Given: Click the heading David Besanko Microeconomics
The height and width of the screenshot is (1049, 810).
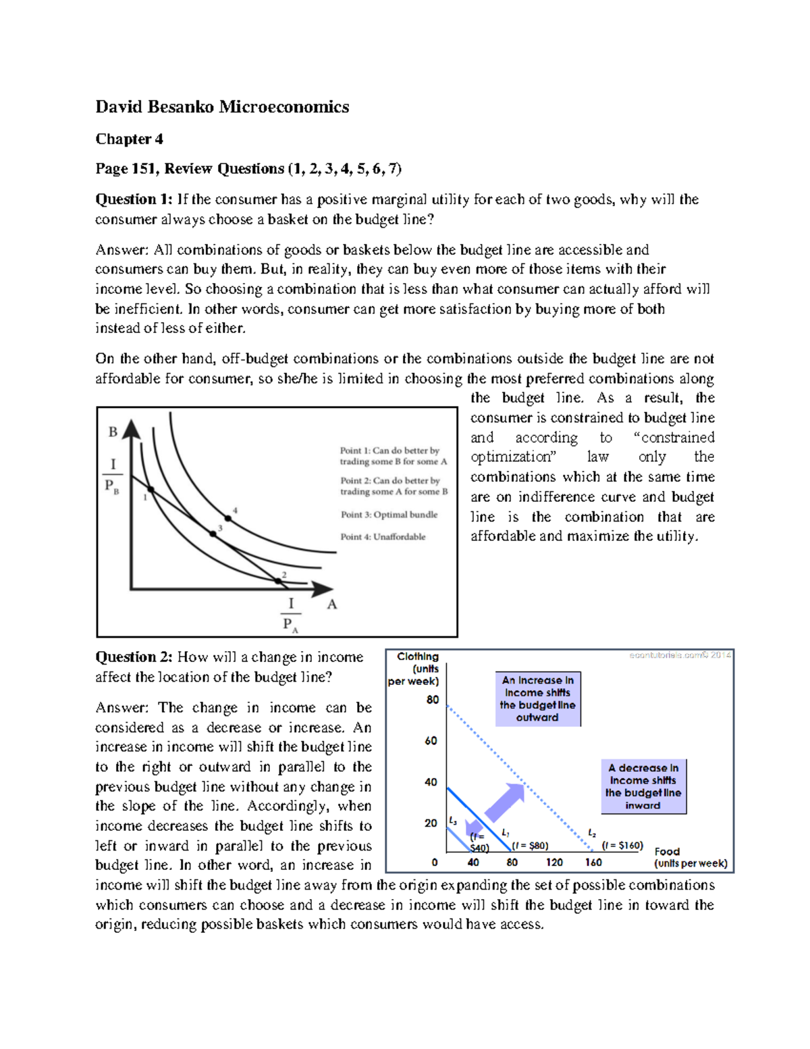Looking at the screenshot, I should pos(222,107).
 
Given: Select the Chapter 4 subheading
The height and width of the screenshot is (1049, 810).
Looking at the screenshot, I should pos(129,139).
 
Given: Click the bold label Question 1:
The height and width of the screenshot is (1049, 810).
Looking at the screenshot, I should pos(134,199).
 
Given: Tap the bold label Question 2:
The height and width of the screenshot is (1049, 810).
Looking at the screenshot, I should pos(134,657).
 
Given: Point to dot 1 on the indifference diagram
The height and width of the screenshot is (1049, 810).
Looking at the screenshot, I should pos(151,490).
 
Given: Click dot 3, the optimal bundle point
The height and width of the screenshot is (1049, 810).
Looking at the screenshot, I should pos(213,534).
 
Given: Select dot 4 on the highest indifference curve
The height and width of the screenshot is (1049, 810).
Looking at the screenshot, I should pos(228,518).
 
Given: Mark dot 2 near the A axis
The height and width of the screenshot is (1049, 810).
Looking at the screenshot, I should pos(278,581).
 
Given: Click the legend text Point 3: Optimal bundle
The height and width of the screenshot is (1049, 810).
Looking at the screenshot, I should pos(389,515).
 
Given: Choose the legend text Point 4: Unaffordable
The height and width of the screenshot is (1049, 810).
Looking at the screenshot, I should pos(383,537).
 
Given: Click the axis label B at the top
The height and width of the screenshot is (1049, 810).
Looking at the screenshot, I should pos(113,432).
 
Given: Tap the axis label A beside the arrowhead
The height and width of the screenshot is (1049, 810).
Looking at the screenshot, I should pos(331,605).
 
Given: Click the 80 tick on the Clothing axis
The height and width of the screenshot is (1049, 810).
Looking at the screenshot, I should pos(432,700).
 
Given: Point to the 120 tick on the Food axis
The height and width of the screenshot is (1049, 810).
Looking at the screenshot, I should pos(554,863).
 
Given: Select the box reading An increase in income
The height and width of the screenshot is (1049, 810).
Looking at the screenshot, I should pos(537,698).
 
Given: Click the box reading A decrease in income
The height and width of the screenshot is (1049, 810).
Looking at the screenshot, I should pos(643,786).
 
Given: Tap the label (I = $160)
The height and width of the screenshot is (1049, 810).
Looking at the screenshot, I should pos(622,846).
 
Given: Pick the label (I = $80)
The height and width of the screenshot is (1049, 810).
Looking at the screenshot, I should pos(530,846).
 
